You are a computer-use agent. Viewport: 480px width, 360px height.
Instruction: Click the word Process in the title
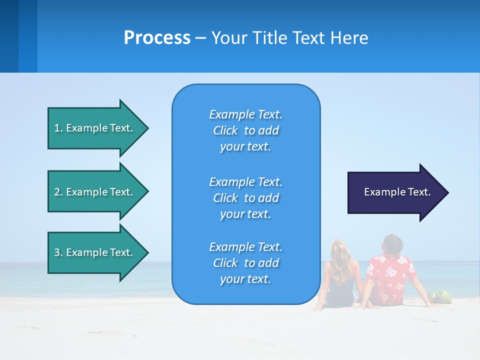pos(157,38)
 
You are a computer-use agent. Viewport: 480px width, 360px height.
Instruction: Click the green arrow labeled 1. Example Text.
pos(98,128)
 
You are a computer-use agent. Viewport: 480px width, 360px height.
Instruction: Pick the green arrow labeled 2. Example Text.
pos(98,191)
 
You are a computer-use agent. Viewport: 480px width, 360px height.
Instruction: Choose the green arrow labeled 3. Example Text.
pos(98,252)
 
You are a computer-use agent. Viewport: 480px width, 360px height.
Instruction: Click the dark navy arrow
pos(398,192)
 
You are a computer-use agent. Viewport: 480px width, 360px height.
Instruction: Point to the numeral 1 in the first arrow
pos(56,128)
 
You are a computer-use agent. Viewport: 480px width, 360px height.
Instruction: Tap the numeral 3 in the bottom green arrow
pos(57,252)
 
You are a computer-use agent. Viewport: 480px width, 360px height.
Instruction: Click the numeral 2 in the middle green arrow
pos(57,192)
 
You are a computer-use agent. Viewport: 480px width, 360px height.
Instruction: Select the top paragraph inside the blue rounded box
pos(246,130)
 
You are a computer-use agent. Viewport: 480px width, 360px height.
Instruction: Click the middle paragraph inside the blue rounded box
pos(246,198)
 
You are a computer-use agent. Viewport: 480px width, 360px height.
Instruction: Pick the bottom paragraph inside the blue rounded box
pos(246,263)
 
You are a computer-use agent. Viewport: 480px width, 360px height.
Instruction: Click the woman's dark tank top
pos(340,290)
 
